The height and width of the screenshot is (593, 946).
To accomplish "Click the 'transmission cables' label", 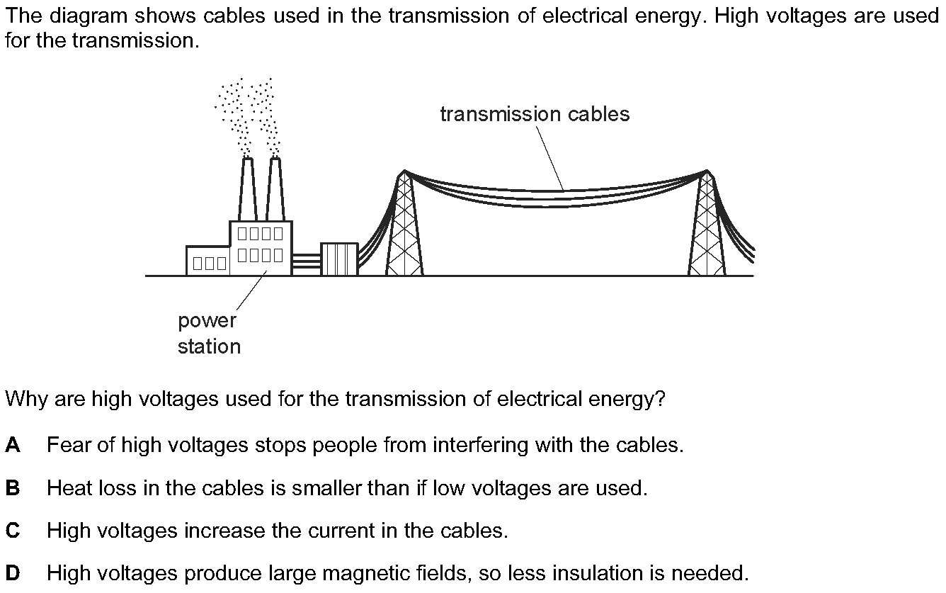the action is coord(535,114).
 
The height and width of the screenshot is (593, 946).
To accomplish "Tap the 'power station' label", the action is coord(209,334).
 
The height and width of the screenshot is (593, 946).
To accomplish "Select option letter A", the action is coord(13,445).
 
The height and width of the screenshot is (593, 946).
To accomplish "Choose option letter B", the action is coord(13,487).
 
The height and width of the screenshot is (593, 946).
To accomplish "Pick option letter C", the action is coord(13,531).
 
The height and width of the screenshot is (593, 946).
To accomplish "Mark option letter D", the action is coord(13,573).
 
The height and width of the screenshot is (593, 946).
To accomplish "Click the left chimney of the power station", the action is coord(248,189).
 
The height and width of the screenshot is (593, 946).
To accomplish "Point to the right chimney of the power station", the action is coord(275,189).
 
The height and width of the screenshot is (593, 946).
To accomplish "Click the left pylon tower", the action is coord(404,222).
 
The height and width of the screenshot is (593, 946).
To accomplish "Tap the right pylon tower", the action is coord(707,222).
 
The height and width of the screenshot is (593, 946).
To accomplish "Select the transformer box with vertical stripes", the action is coord(340,259).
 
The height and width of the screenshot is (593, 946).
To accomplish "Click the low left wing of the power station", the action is coord(208,261).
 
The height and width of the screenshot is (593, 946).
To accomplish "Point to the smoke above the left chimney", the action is coord(233,116).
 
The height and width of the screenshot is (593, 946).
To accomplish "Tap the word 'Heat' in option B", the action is coord(69,487).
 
